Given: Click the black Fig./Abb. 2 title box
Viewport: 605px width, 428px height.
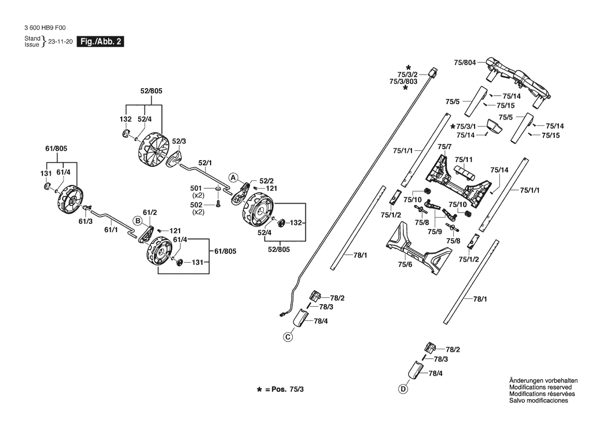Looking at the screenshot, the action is [100, 42].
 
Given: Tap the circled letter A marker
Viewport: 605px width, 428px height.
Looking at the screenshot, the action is [233, 177].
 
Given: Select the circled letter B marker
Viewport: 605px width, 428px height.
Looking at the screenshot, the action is [138, 221].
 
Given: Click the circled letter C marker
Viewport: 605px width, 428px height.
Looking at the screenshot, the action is [287, 337].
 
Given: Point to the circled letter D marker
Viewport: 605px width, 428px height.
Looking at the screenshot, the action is [403, 389].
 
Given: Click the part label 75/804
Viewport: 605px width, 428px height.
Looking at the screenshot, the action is [465, 63].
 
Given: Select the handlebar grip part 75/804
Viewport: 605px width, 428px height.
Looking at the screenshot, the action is [518, 81].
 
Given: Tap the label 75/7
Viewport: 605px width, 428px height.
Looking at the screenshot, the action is [445, 147].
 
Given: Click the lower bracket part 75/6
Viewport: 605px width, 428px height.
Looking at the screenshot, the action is [419, 247].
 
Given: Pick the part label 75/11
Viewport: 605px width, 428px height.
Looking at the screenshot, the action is [463, 160].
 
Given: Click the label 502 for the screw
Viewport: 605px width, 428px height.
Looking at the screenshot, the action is [196, 205].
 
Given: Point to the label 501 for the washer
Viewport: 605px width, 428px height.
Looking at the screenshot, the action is [196, 188].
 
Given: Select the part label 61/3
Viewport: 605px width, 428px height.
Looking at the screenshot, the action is [86, 222].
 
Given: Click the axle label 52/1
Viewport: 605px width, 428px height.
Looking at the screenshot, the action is [205, 163].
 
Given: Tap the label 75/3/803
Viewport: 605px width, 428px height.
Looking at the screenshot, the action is [403, 81].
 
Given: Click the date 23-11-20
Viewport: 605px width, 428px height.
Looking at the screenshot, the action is [61, 42].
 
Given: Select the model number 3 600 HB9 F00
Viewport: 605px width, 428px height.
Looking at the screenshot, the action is [45, 28].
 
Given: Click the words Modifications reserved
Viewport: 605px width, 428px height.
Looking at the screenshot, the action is [540, 388].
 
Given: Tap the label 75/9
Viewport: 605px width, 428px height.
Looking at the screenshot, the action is [434, 232].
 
